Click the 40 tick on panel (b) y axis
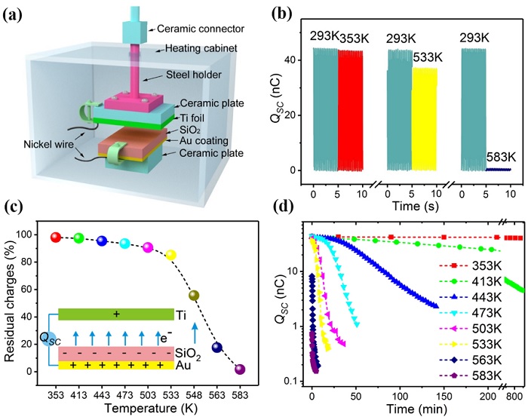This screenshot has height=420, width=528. [x=299, y=60]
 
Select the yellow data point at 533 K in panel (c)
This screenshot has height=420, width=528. [x=171, y=255]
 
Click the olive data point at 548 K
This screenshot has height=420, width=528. [x=194, y=295]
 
